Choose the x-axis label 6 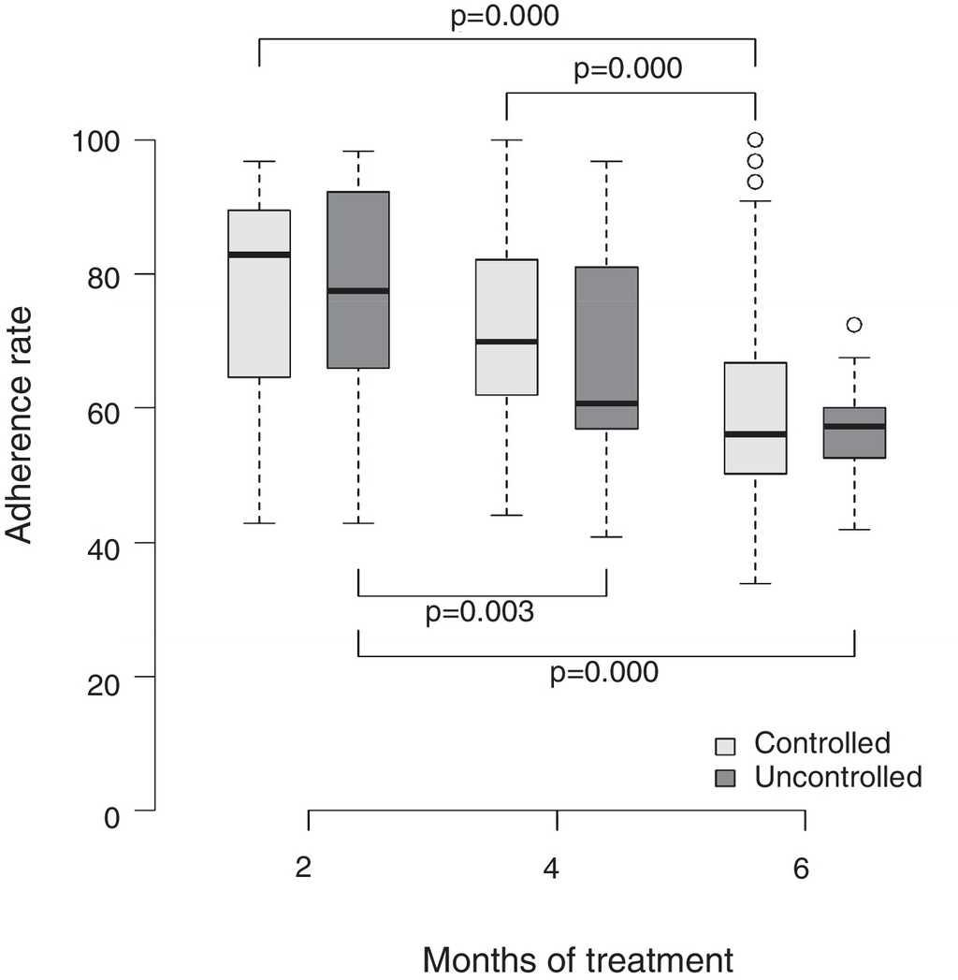(801, 868)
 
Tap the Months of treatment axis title (577, 959)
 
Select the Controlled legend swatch (726, 746)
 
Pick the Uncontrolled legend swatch (726, 778)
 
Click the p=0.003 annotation (480, 613)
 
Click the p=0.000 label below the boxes (603, 672)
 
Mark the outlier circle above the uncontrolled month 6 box (853, 325)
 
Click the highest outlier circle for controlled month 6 (755, 140)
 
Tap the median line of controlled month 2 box (259, 255)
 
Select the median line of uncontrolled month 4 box (606, 403)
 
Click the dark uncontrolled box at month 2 (358, 234)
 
